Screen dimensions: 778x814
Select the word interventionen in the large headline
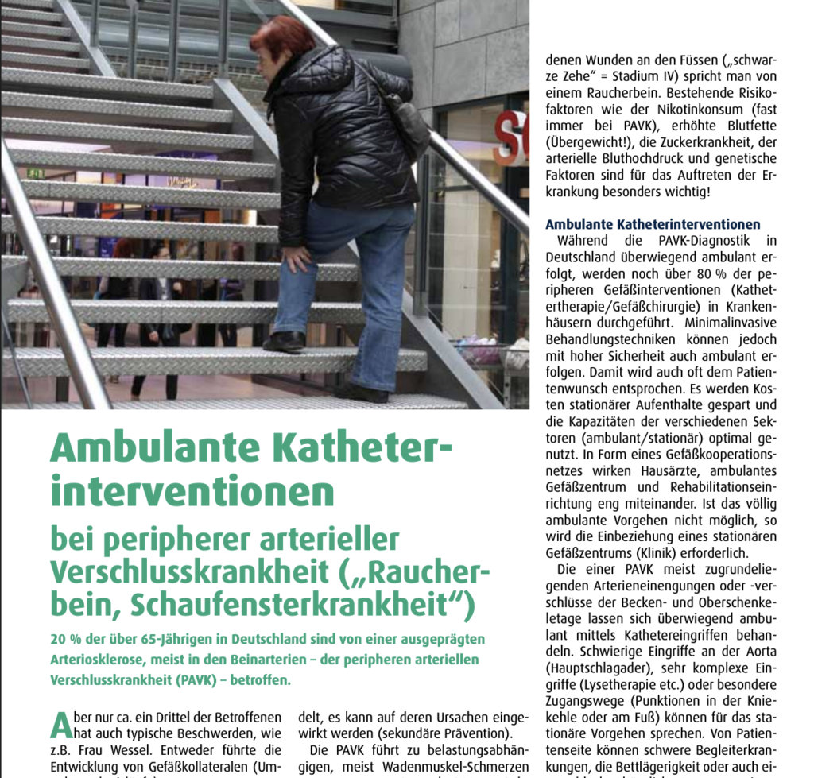pyautogui.click(x=192, y=491)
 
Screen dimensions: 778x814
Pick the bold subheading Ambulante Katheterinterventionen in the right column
pyautogui.click(x=653, y=225)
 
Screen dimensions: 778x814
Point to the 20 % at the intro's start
pyautogui.click(x=64, y=639)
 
